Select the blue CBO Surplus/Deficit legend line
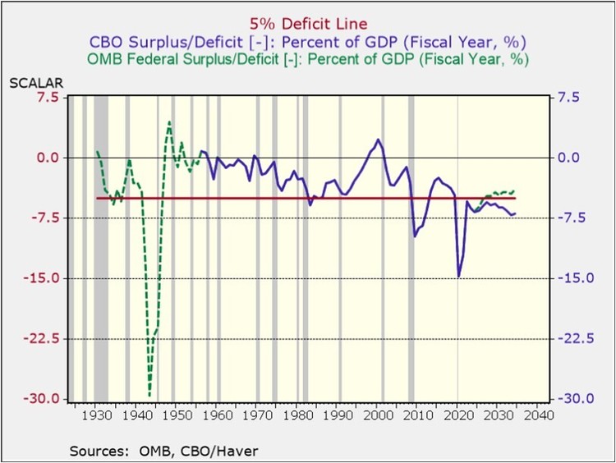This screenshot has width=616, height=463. (x=308, y=41)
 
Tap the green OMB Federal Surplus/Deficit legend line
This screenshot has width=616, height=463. (x=308, y=59)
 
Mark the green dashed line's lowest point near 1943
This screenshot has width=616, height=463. (x=149, y=397)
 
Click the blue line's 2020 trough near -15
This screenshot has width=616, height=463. (x=458, y=276)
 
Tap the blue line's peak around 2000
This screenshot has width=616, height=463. (x=378, y=140)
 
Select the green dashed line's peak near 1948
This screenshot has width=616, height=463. (x=169, y=121)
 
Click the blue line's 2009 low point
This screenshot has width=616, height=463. (x=415, y=236)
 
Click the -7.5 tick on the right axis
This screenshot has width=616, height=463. (x=572, y=218)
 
